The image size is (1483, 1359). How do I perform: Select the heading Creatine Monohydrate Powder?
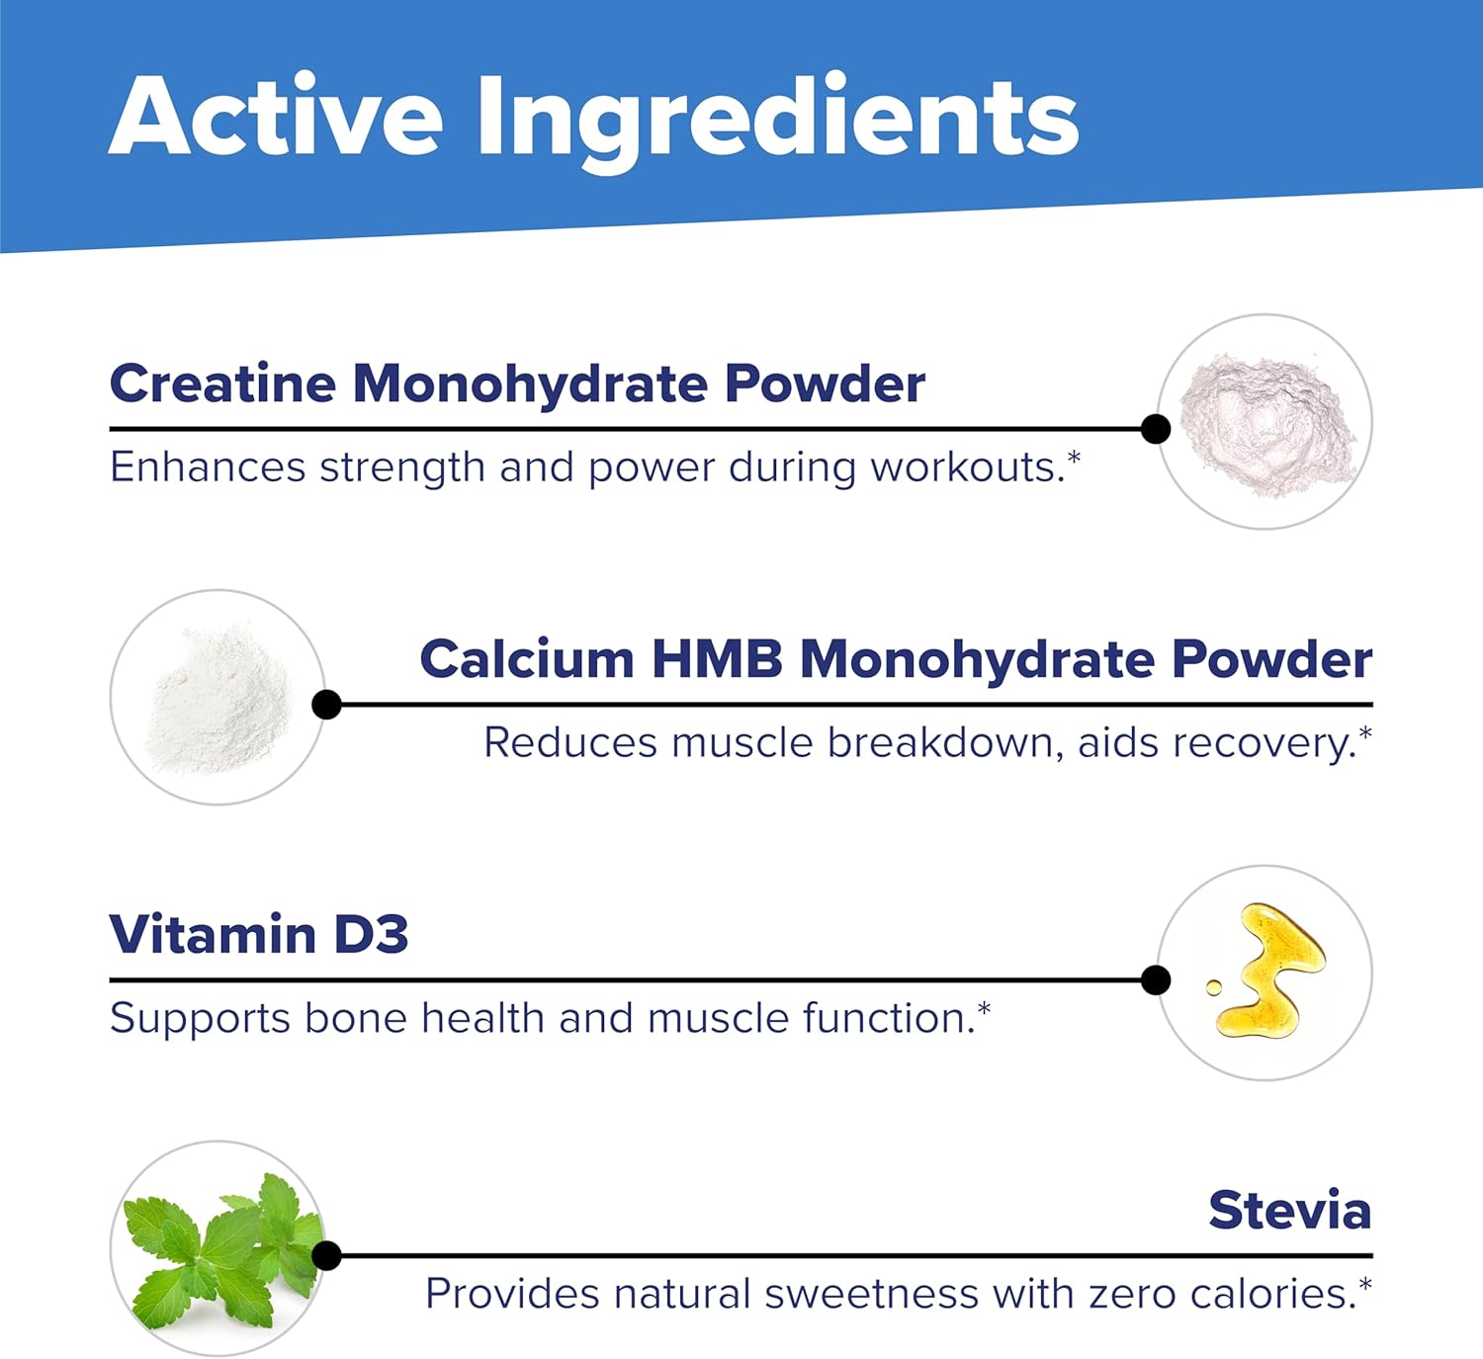click(x=517, y=383)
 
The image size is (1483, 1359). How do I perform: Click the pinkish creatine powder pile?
click(x=1266, y=424)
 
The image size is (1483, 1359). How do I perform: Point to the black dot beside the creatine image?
click(x=1155, y=429)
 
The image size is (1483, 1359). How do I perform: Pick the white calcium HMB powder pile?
click(x=218, y=698)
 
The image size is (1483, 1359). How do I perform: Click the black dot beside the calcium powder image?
click(x=326, y=705)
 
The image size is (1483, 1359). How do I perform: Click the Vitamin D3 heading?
click(x=259, y=934)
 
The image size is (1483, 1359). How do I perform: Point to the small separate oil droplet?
click(x=1213, y=986)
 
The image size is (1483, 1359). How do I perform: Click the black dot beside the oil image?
click(x=1155, y=979)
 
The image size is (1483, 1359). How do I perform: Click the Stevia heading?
click(x=1289, y=1210)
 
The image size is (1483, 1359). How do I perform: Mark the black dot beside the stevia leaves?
click(x=326, y=1255)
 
